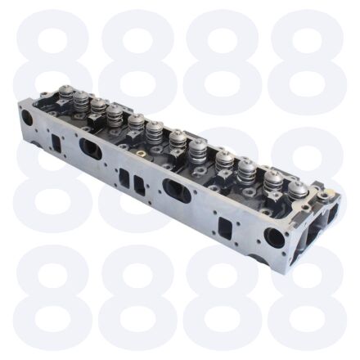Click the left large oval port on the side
click(90, 148)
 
